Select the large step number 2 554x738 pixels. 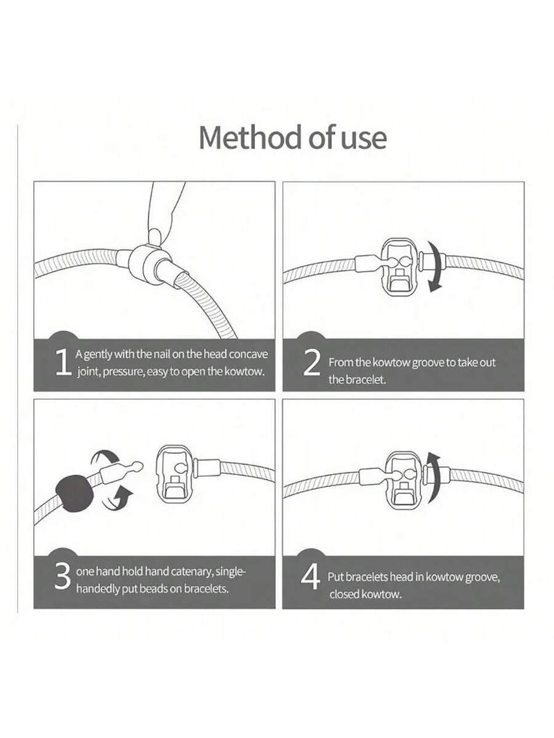pos(311,363)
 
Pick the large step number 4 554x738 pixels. pos(311,577)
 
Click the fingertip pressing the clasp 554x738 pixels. pos(155,236)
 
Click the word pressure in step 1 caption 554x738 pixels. pos(124,372)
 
